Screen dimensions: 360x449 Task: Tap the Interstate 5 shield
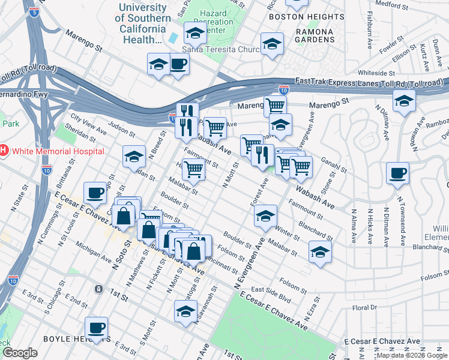tap(34, 11)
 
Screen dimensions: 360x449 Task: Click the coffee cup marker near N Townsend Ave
tap(398, 174)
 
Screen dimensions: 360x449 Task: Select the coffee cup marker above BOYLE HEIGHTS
tap(96, 329)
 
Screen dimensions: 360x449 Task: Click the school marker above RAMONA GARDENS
tap(272, 44)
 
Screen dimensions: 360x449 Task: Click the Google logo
tap(20, 353)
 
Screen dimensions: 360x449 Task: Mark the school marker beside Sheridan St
tap(134, 157)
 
